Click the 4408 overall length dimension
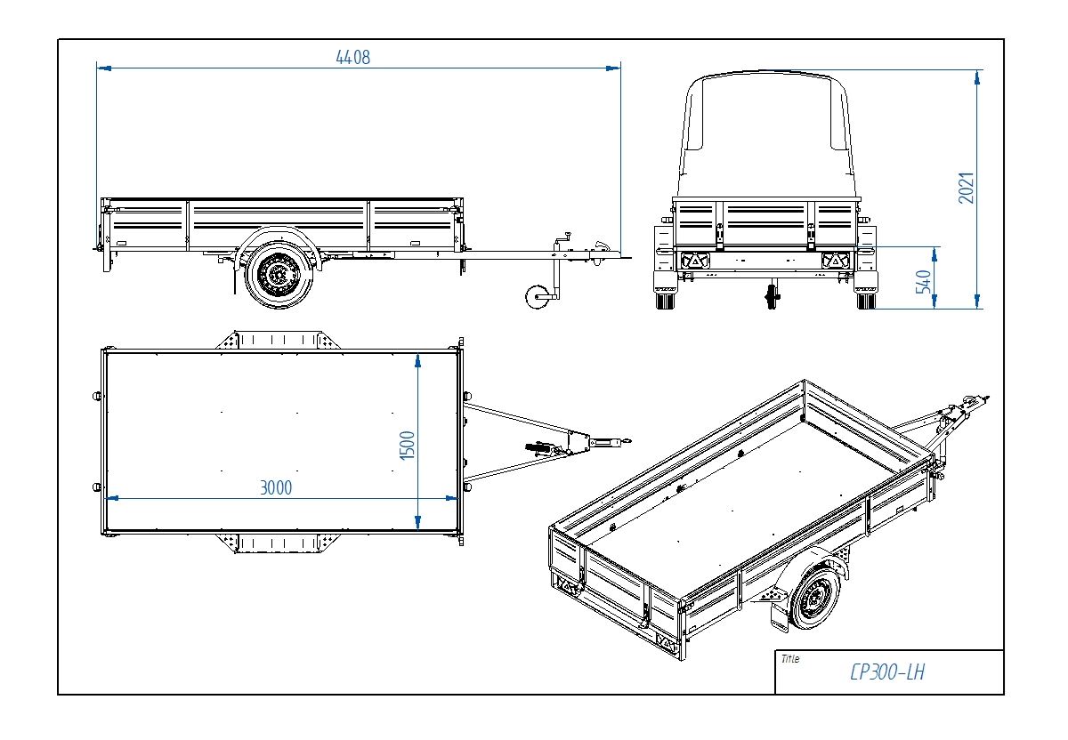(352, 57)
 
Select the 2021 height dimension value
(967, 187)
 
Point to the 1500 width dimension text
(407, 445)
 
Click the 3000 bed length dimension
(276, 487)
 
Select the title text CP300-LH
(886, 672)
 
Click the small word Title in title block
(789, 659)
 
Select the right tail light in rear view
(836, 261)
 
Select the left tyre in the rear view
(664, 300)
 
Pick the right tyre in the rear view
(865, 300)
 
